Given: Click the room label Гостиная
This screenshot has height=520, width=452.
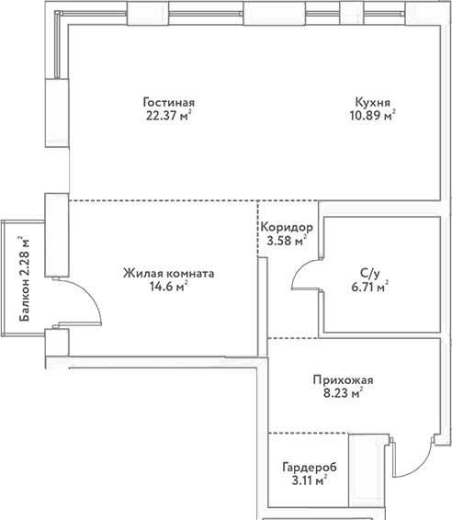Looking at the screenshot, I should pos(169,102).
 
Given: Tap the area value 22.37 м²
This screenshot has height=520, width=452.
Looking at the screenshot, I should pos(169,116).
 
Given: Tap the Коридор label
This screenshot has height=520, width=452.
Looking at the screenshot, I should pos(287,228).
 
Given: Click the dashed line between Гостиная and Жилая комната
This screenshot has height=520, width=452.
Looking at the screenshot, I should pos(161,200).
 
